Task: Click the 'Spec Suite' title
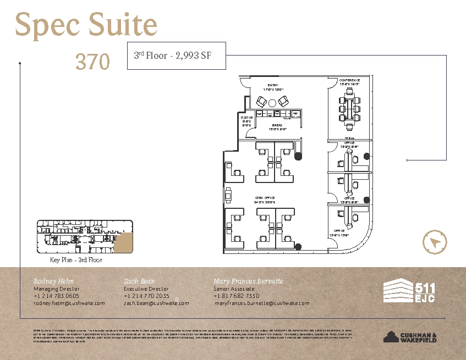[86, 26]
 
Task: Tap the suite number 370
[92, 62]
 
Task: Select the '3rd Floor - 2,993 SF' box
[176, 56]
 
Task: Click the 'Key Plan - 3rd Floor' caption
[76, 260]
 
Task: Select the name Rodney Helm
[53, 281]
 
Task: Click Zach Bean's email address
[156, 303]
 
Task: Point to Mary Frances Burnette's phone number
[237, 296]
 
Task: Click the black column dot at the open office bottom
[298, 247]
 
